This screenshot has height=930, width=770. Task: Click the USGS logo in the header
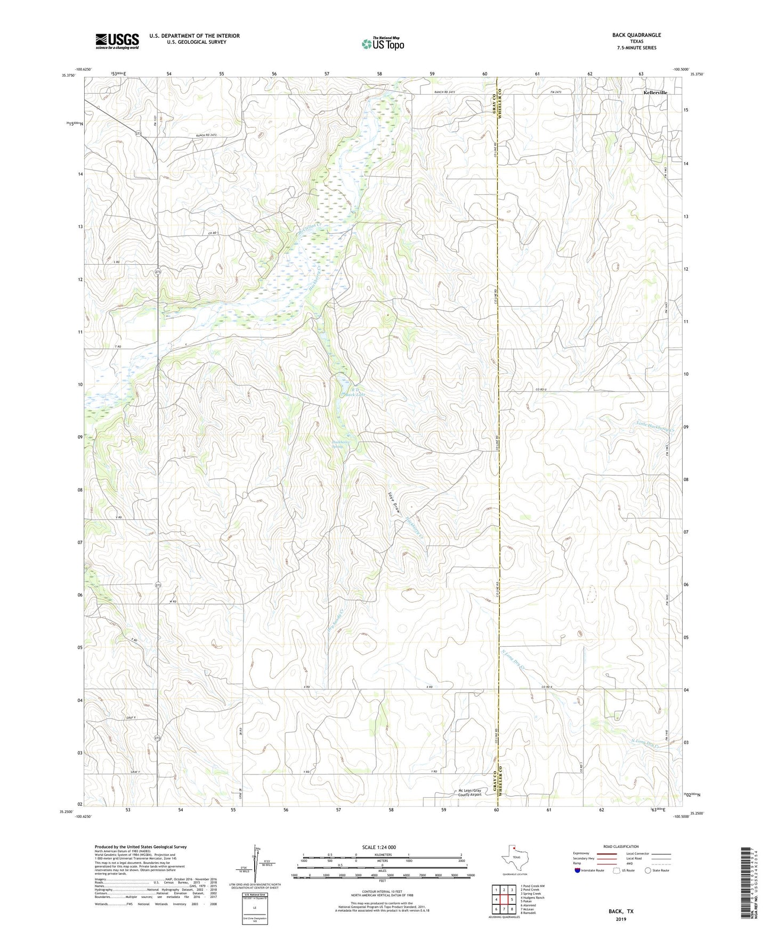(117, 41)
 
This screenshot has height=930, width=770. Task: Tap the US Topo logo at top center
(382, 44)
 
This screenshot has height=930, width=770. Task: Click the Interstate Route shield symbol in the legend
(578, 870)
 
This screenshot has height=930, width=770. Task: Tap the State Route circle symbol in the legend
(648, 870)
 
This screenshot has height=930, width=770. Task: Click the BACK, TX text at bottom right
(621, 911)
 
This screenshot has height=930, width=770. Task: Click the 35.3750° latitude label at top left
(69, 76)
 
